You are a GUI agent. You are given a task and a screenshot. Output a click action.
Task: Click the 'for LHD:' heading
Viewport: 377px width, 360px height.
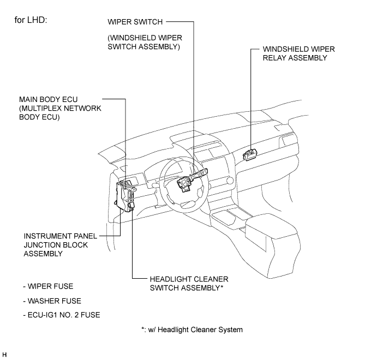click(31, 20)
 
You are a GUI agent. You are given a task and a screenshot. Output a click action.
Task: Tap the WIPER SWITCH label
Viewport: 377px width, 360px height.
click(135, 22)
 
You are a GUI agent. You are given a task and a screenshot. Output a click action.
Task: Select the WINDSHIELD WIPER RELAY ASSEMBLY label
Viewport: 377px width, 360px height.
click(298, 53)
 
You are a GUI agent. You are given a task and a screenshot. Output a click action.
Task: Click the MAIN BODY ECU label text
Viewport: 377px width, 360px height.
click(49, 99)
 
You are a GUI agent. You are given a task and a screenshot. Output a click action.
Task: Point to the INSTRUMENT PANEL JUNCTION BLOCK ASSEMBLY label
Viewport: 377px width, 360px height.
click(61, 245)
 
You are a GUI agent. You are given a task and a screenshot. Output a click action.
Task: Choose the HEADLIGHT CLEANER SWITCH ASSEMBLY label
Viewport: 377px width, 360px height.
click(189, 283)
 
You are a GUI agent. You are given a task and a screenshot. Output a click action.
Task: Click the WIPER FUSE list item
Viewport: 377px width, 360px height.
click(49, 286)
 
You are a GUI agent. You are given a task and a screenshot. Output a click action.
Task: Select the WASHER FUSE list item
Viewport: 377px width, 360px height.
click(52, 301)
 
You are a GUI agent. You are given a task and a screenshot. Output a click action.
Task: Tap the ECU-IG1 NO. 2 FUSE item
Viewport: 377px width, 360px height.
click(62, 315)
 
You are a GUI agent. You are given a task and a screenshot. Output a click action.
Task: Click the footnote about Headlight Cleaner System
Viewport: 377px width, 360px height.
click(192, 329)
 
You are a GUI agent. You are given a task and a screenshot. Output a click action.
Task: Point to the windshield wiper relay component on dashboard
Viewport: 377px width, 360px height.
click(250, 154)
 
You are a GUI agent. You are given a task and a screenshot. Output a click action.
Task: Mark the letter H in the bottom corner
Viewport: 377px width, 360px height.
click(4, 355)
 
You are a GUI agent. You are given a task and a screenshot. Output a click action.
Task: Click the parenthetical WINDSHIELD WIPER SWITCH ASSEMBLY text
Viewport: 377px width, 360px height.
click(145, 42)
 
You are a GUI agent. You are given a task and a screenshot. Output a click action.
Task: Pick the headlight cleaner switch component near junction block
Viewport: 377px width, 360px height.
click(131, 206)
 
